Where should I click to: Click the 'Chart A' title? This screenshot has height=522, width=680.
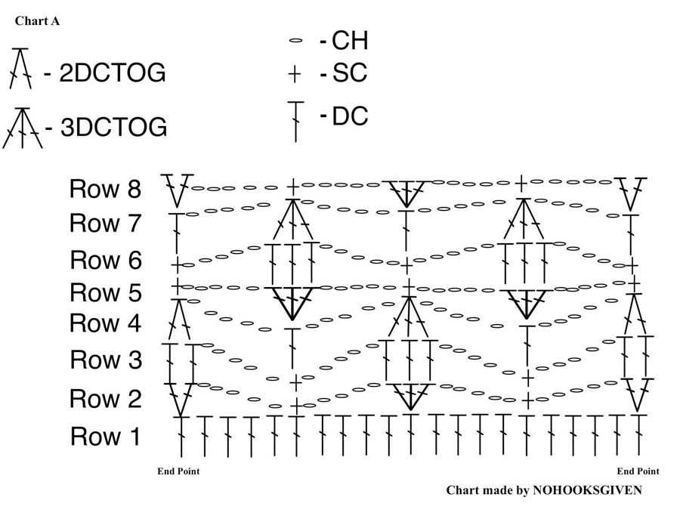pos(37,21)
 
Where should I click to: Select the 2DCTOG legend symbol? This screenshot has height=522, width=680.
pos(20,69)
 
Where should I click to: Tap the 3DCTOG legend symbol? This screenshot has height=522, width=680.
pos(23,128)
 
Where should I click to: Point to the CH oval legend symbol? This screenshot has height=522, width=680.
pos(295,41)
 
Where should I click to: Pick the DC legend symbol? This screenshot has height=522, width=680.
pos(295,122)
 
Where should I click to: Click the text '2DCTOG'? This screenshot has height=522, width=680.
pos(113,73)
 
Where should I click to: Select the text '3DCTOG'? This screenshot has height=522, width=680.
pos(113,127)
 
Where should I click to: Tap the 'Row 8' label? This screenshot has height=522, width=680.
pos(105,189)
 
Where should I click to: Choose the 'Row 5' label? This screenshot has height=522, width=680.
pos(105,292)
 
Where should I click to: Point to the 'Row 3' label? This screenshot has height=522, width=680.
pos(106,360)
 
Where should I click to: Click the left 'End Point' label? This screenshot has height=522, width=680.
pos(178,471)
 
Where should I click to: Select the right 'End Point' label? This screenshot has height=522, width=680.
pos(638,471)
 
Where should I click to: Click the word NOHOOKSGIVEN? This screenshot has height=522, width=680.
pos(587,490)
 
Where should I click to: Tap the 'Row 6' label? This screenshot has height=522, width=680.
pos(106,260)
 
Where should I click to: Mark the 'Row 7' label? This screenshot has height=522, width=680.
pos(105,223)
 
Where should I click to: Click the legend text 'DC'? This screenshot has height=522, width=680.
pos(350,116)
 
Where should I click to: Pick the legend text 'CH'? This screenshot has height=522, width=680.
pos(350,40)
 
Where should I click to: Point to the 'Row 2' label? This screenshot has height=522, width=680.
pos(105,398)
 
